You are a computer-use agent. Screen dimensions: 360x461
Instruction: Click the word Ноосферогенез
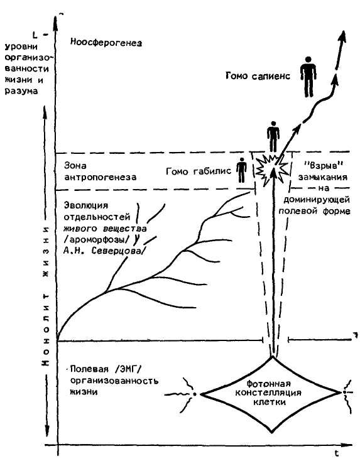pyautogui.click(x=106, y=43)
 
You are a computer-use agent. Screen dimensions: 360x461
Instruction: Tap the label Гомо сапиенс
pyautogui.click(x=258, y=76)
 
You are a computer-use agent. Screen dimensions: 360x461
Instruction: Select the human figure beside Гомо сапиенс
pyautogui.click(x=308, y=77)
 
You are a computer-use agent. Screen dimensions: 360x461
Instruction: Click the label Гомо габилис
pyautogui.click(x=199, y=171)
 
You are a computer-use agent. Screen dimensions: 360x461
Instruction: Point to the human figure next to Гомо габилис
pyautogui.click(x=241, y=170)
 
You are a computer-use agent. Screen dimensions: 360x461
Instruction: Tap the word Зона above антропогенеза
pyautogui.click(x=75, y=165)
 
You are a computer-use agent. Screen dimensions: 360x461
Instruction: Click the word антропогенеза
pyautogui.click(x=101, y=178)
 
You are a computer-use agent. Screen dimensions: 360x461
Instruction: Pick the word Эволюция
pyautogui.click(x=86, y=205)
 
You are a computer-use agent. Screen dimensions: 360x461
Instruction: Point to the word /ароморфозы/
pyautogui.click(x=97, y=240)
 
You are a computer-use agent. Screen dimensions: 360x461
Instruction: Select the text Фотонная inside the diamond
pyautogui.click(x=268, y=384)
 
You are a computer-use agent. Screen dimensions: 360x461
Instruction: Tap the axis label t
pyautogui.click(x=337, y=453)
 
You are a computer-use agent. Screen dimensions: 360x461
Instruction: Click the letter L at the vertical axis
pyautogui.click(x=35, y=35)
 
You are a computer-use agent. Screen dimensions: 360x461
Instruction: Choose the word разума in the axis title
pyautogui.click(x=21, y=91)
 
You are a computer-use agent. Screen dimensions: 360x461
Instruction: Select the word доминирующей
pyautogui.click(x=317, y=200)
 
